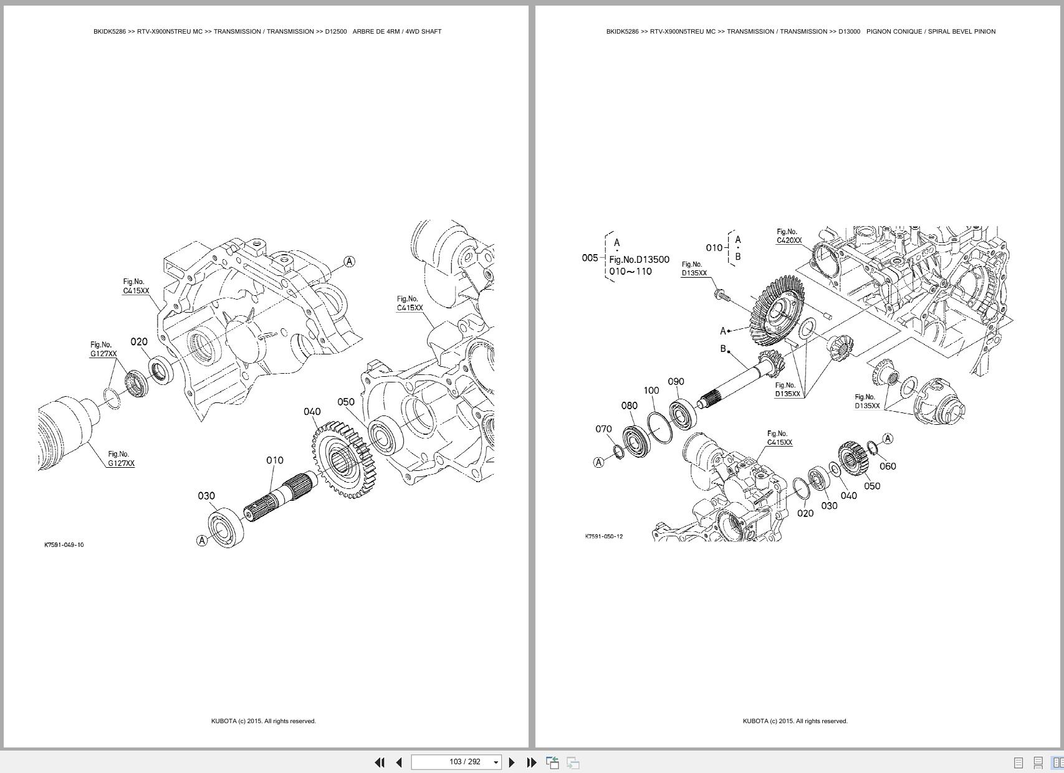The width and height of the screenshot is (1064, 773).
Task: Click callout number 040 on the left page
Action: (x=312, y=412)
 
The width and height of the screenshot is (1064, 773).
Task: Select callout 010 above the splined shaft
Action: (x=275, y=460)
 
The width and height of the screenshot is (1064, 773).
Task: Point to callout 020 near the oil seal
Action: (x=139, y=342)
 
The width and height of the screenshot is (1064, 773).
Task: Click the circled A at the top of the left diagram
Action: (x=349, y=262)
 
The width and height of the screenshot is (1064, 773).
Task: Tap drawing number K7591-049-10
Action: (x=64, y=545)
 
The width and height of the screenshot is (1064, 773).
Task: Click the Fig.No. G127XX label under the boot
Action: (x=121, y=459)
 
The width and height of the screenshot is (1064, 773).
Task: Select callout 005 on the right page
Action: (x=590, y=258)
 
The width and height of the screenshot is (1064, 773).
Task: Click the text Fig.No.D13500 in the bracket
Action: (x=639, y=260)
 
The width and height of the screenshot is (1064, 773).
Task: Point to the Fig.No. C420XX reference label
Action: (x=788, y=236)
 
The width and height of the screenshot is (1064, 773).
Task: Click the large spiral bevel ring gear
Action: (x=777, y=311)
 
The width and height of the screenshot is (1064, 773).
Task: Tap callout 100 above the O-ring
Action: (x=651, y=391)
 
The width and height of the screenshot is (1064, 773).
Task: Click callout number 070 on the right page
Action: (x=603, y=429)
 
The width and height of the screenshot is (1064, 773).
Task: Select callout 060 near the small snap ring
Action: (x=888, y=466)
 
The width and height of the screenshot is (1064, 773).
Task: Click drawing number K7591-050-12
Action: (x=603, y=536)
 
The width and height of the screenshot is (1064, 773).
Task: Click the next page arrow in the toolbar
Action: (x=512, y=762)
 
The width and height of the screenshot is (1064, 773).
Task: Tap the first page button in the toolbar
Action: (x=379, y=762)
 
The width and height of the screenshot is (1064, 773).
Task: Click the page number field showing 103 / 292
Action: (x=456, y=762)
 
